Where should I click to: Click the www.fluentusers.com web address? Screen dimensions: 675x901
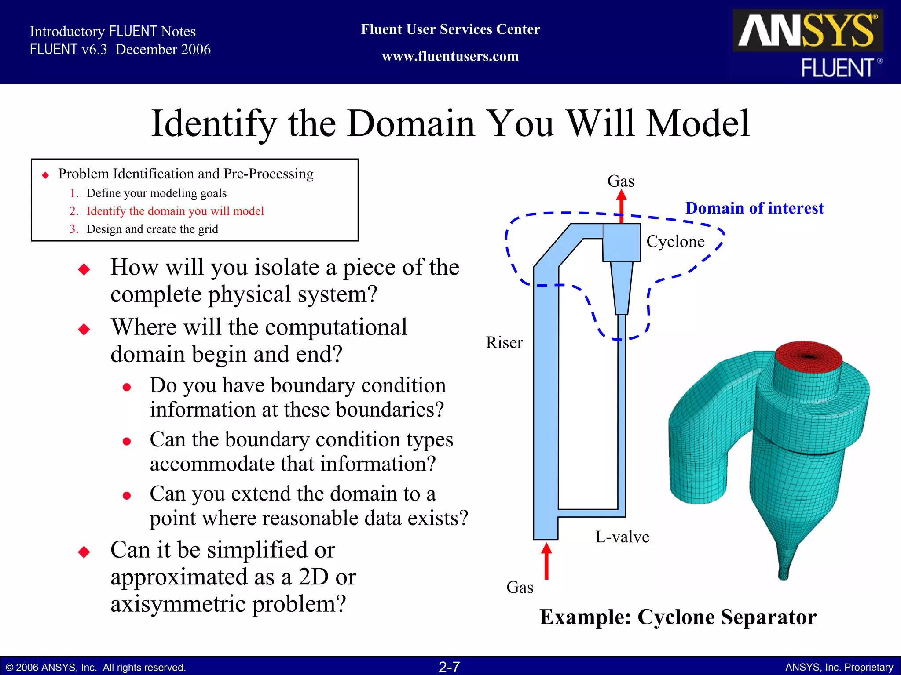pyautogui.click(x=450, y=57)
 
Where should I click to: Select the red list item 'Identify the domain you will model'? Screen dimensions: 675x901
pyautogui.click(x=175, y=211)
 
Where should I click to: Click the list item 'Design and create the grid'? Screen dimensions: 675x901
pyautogui.click(x=152, y=229)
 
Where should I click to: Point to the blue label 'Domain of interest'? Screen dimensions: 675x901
pyautogui.click(x=754, y=208)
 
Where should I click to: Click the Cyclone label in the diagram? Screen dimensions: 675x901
pyautogui.click(x=675, y=242)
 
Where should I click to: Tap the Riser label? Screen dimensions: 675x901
pyautogui.click(x=504, y=343)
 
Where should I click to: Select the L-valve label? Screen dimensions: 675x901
pyautogui.click(x=622, y=537)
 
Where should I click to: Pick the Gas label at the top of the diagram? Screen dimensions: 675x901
pyautogui.click(x=621, y=181)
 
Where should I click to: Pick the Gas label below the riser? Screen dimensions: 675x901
pyautogui.click(x=520, y=588)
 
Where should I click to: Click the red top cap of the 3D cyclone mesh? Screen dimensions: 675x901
pyautogui.click(x=808, y=356)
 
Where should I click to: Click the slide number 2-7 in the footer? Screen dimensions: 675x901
pyautogui.click(x=449, y=667)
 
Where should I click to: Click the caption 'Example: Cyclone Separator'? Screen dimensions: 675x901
pyautogui.click(x=678, y=617)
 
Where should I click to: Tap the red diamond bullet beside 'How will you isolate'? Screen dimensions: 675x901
pyautogui.click(x=84, y=269)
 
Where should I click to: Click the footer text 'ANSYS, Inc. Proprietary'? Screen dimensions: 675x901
pyautogui.click(x=839, y=668)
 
